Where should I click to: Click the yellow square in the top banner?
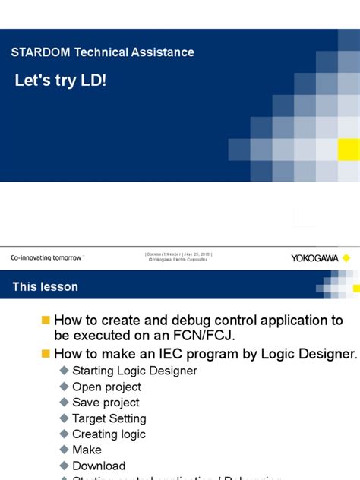coord(349,150)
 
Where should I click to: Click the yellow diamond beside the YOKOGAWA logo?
coord(346,258)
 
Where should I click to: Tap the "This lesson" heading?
coord(45,287)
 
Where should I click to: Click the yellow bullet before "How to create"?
coord(46,321)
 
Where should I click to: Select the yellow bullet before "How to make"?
coord(46,353)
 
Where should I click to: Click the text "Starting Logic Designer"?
coord(134,371)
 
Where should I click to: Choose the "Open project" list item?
coord(106,387)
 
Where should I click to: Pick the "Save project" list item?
coord(106,403)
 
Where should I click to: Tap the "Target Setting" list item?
coord(109,418)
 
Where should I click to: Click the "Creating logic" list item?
coord(109,434)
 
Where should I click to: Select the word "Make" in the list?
coord(87,450)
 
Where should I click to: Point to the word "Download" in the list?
coord(99,466)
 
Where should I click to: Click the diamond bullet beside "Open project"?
coord(64,387)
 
